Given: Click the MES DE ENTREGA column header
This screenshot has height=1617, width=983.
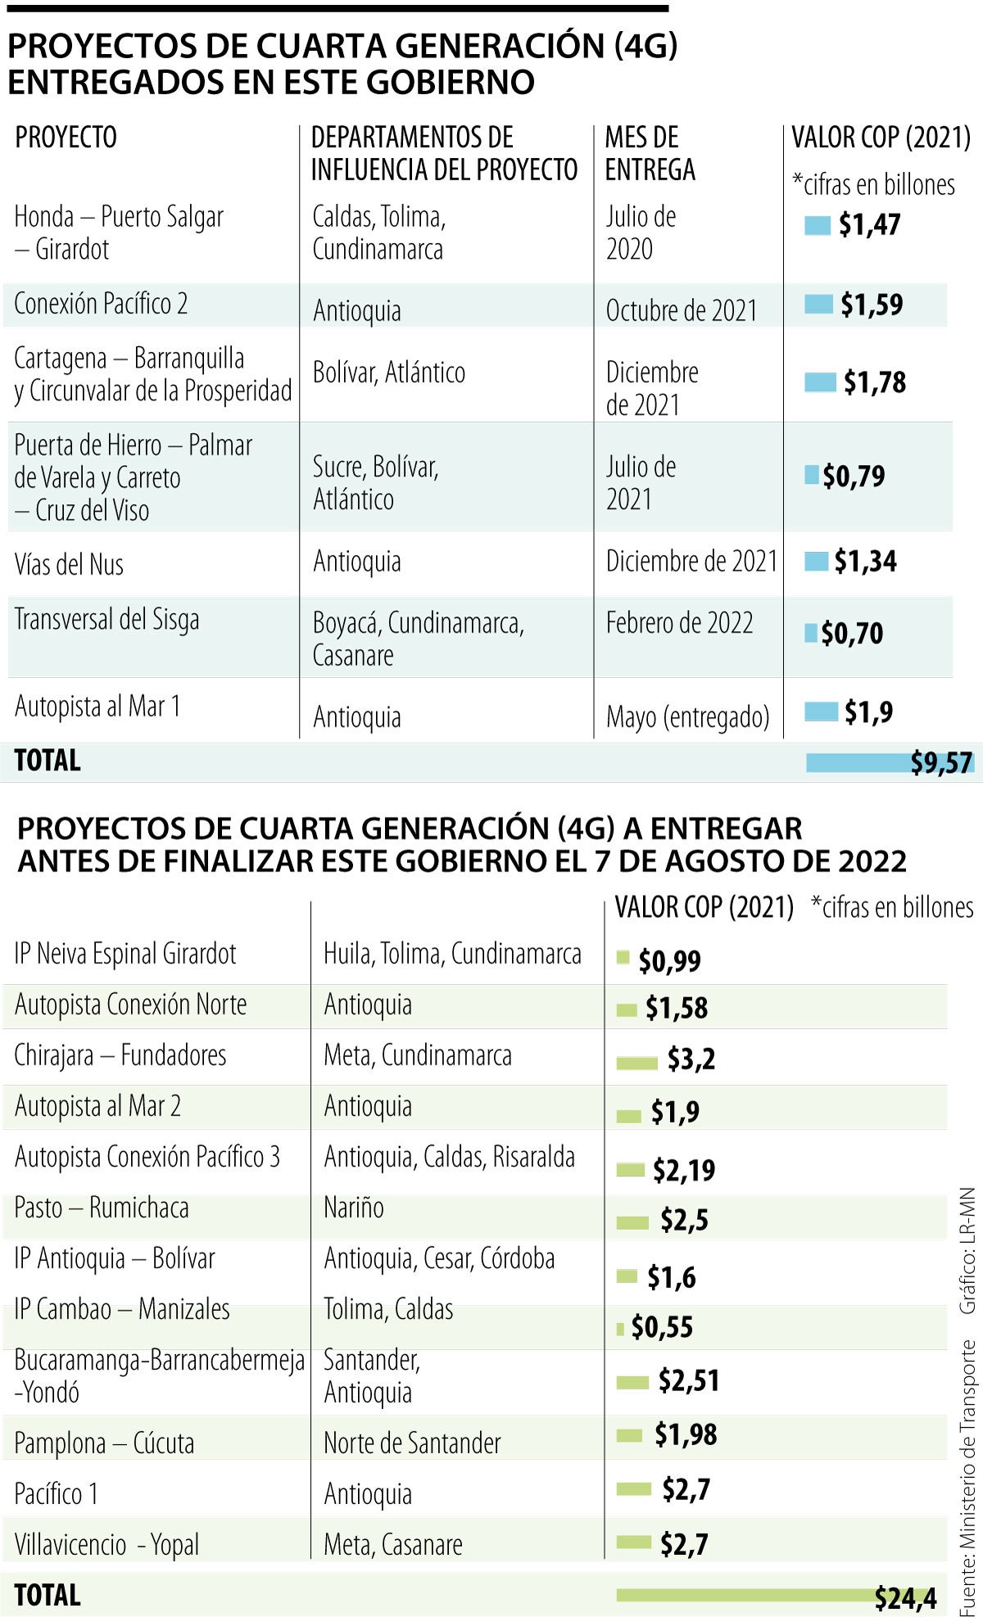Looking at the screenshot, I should pyautogui.click(x=650, y=153).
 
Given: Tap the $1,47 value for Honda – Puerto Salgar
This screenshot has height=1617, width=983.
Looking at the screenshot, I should pyautogui.click(x=869, y=224).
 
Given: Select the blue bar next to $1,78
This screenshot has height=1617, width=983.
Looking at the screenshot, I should pyautogui.click(x=820, y=382).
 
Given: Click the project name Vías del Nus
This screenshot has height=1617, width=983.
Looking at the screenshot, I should pyautogui.click(x=69, y=564).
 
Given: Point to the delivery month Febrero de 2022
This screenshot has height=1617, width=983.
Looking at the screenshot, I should pyautogui.click(x=679, y=623).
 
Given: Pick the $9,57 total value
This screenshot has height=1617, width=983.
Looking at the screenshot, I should pyautogui.click(x=941, y=763).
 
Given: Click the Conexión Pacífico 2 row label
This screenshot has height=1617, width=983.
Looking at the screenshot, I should pyautogui.click(x=101, y=304).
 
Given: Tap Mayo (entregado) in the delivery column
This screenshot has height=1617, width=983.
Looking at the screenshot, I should pyautogui.click(x=687, y=717).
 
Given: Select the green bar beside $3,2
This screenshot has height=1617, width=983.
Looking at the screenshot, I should pyautogui.click(x=636, y=1063).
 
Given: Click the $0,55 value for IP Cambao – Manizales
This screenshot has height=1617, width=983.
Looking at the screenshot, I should pyautogui.click(x=662, y=1326).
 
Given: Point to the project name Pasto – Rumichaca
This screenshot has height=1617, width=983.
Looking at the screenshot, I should pyautogui.click(x=102, y=1208).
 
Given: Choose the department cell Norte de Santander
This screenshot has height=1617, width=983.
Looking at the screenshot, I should pyautogui.click(x=412, y=1443).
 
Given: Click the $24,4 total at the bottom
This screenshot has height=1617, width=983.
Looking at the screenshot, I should pyautogui.click(x=905, y=1597).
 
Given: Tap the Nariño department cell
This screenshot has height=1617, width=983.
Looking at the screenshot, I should pyautogui.click(x=354, y=1208).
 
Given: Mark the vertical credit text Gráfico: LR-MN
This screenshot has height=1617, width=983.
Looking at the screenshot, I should pyautogui.click(x=967, y=1250).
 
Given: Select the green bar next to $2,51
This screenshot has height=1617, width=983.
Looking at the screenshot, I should pyautogui.click(x=632, y=1383).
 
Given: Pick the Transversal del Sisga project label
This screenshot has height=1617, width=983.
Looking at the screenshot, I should pyautogui.click(x=106, y=620).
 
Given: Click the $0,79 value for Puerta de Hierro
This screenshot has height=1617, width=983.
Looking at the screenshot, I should pyautogui.click(x=854, y=476).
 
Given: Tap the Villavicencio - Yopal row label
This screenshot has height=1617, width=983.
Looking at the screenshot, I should pyautogui.click(x=106, y=1545).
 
